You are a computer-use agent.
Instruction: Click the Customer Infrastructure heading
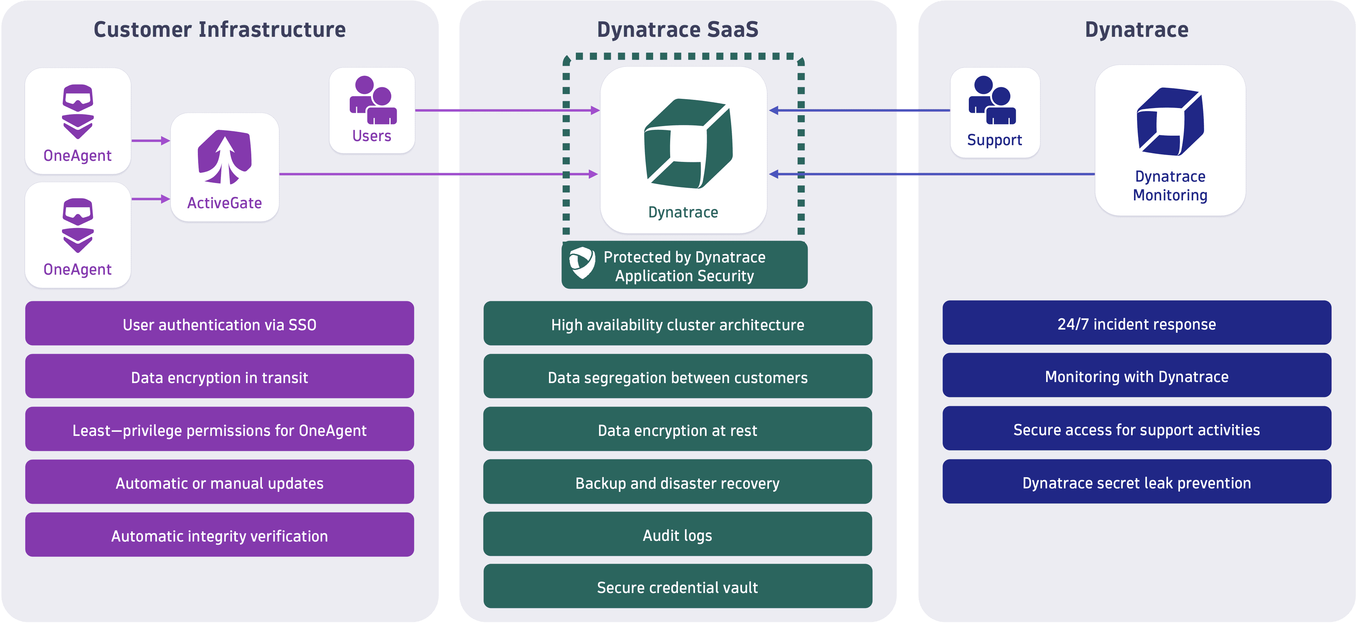click(x=220, y=30)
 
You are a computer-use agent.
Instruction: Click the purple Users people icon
click(x=373, y=101)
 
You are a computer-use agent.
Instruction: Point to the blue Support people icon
click(x=992, y=101)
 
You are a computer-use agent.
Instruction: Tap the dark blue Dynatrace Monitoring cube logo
click(x=1170, y=122)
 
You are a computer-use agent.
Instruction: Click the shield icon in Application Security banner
click(x=582, y=262)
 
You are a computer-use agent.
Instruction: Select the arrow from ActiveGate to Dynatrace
click(x=437, y=174)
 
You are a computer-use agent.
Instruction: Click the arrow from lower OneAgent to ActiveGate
click(x=151, y=199)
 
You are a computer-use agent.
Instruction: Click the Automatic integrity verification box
click(x=220, y=535)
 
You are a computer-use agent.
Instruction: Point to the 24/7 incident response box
click(x=1136, y=323)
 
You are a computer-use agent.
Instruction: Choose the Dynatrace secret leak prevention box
click(x=1136, y=482)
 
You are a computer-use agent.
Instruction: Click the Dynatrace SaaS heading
click(x=677, y=30)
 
